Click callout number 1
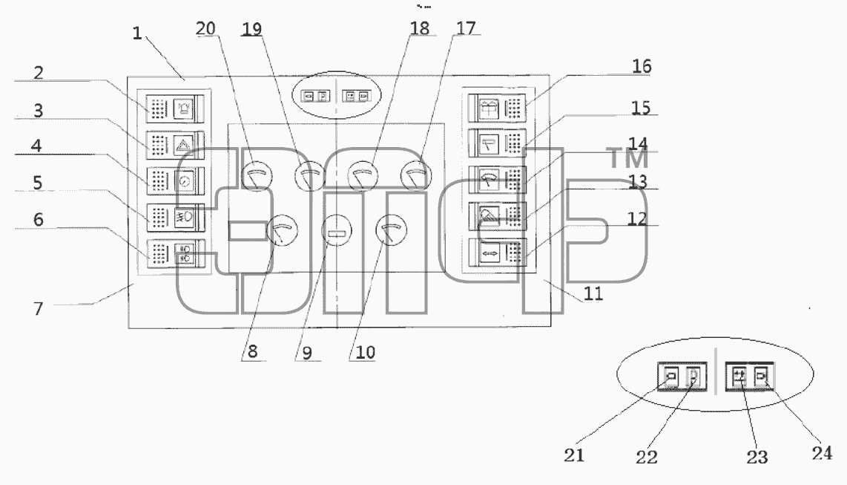137,33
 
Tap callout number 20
205,28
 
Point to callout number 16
642,66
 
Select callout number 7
39,309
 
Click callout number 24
822,453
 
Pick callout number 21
574,455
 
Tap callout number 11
593,293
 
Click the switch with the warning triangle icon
175,146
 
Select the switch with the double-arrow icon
497,253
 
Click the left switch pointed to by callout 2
175,109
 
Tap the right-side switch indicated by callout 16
497,108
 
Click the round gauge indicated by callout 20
257,176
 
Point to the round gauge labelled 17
416,176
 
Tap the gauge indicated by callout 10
391,230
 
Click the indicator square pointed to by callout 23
739,375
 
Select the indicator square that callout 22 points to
694,376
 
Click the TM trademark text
627,158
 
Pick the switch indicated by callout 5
175,218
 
